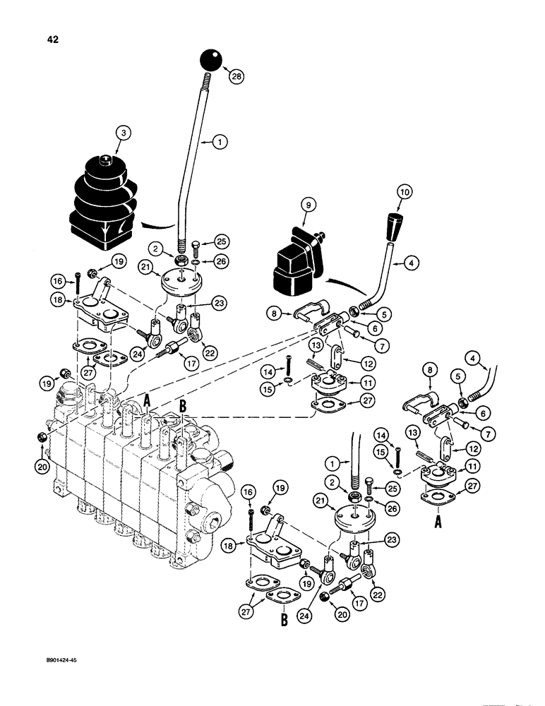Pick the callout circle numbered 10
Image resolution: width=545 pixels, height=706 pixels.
(x=405, y=192)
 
